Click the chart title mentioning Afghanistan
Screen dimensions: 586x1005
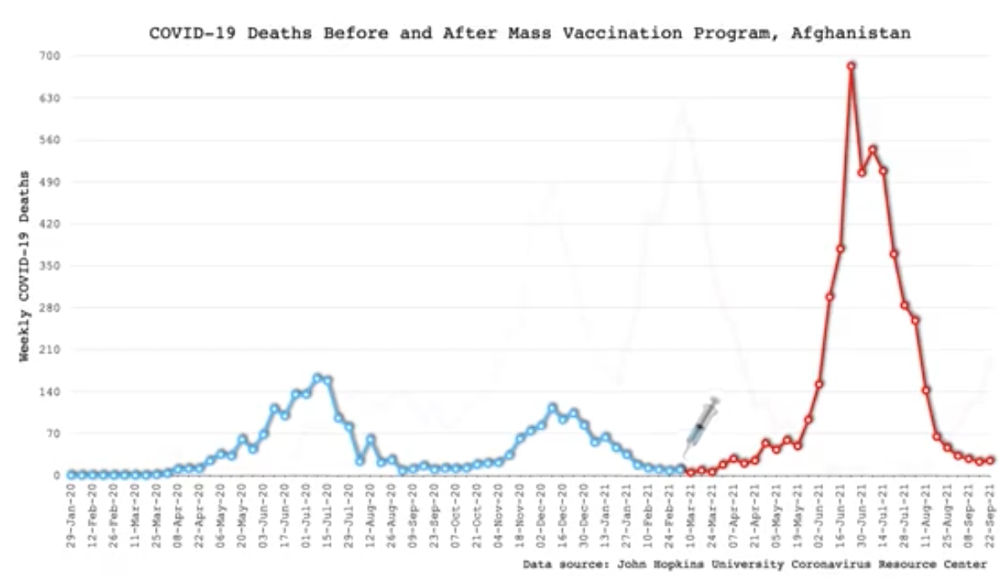[x=529, y=33]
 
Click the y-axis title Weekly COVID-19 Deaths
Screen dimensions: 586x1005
[x=24, y=266]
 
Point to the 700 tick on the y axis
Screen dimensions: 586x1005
[x=39, y=56]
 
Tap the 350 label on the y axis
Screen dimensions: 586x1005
[x=39, y=266]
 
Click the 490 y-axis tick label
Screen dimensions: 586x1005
[x=39, y=182]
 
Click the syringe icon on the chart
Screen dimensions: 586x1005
[x=700, y=426]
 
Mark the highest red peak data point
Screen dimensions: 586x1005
[x=851, y=65]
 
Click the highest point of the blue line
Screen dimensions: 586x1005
[x=317, y=378]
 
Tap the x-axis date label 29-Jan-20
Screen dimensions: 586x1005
[x=72, y=515]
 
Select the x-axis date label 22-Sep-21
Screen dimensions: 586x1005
[x=990, y=515]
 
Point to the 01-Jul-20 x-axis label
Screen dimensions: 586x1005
[x=307, y=515]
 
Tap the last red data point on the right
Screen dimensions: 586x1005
[x=990, y=460]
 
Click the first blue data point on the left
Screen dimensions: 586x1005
[x=72, y=475]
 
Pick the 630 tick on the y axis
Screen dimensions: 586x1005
[x=39, y=98]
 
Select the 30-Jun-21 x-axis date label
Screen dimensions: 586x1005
[x=862, y=515]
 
